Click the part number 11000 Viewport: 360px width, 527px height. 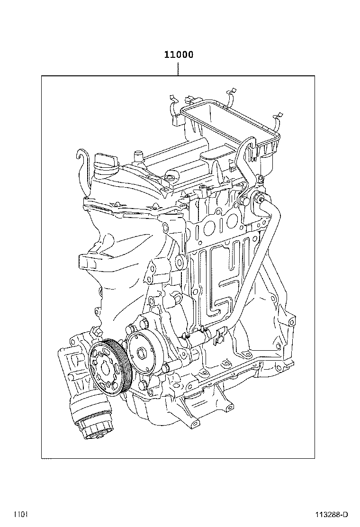pyautogui.click(x=179, y=55)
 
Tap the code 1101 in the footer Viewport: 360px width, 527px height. pyautogui.click(x=20, y=514)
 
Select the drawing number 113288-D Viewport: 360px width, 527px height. pyautogui.click(x=332, y=514)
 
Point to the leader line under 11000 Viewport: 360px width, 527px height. pyautogui.click(x=178, y=69)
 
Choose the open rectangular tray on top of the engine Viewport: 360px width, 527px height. pyautogui.click(x=227, y=123)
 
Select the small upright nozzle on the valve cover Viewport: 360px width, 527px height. pyautogui.click(x=138, y=156)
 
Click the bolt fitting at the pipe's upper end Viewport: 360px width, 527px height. pyautogui.click(x=259, y=200)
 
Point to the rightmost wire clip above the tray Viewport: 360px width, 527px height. pyautogui.click(x=278, y=118)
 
